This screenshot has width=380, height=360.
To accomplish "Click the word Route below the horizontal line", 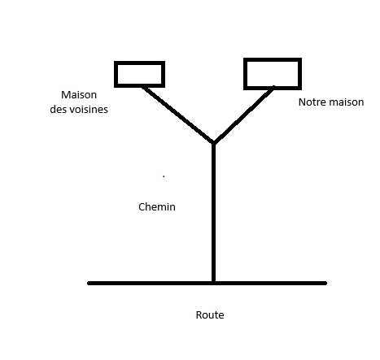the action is pos(210,315).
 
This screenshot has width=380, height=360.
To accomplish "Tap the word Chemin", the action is pos(157,207).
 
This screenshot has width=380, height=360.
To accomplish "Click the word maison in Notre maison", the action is pos(346,102).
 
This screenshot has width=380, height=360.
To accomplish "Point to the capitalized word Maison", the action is pos(79,95).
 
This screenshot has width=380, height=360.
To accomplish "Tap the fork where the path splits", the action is pos(213,143).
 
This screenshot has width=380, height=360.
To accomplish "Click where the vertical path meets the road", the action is pos(213,283).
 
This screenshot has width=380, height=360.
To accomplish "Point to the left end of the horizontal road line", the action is pos(89,284).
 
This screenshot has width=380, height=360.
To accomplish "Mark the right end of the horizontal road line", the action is pos(325,284).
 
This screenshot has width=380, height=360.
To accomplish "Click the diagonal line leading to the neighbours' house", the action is pos(177,115).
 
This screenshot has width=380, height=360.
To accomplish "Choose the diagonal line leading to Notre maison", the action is pos(243,115).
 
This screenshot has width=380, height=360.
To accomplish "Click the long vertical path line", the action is pos(213,213).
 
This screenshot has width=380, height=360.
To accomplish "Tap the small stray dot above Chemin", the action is pos(164,176).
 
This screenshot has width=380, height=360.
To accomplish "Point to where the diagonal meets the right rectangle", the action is pos(273,89).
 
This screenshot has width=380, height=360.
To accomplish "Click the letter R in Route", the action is pos(199,315).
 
